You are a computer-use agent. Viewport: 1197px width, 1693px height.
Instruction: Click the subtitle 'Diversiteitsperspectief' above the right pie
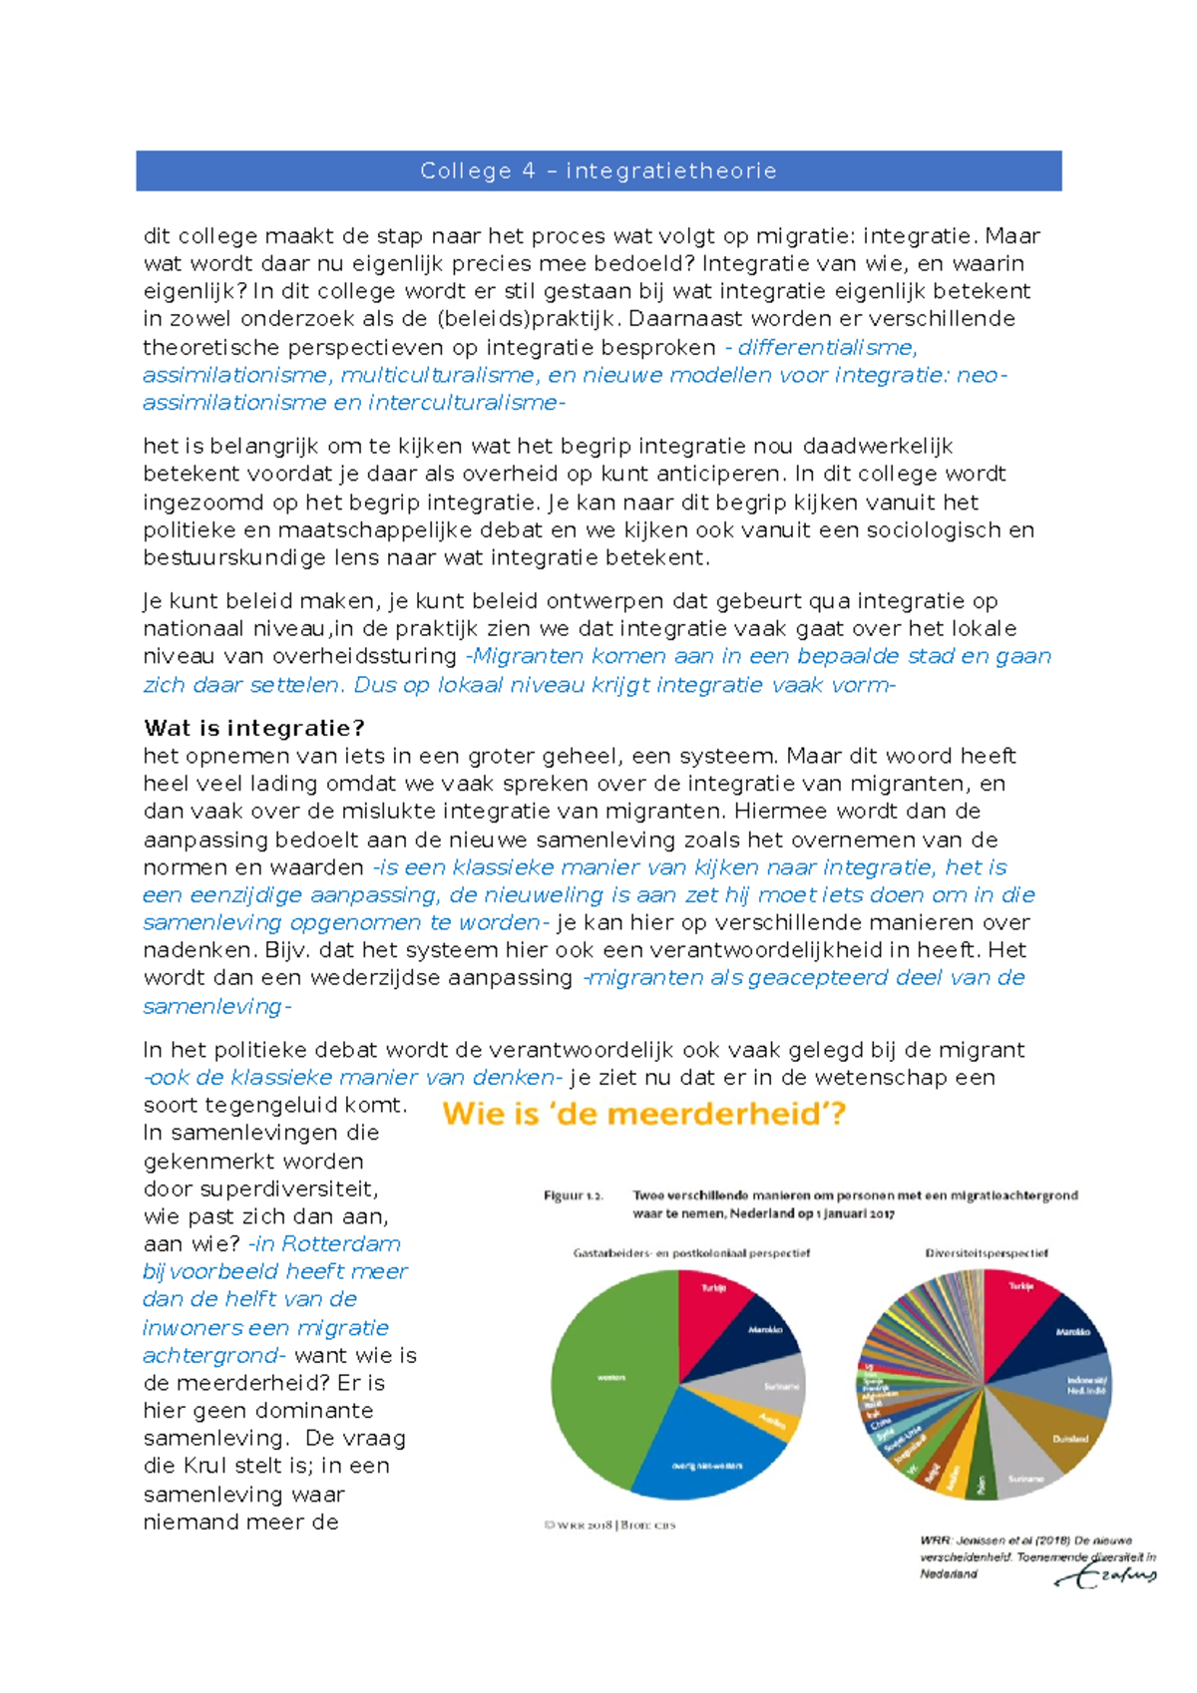(986, 1252)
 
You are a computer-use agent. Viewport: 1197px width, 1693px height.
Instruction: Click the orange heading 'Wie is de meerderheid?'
(643, 1113)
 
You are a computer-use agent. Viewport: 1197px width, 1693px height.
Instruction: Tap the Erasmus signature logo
(1107, 1575)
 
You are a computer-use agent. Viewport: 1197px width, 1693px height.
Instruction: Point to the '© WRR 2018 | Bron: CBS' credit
(609, 1524)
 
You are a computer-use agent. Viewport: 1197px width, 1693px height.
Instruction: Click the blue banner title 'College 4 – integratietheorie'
(598, 170)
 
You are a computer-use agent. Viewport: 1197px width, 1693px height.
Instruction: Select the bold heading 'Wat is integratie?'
(254, 728)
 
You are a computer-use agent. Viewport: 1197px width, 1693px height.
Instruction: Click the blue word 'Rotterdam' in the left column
(341, 1243)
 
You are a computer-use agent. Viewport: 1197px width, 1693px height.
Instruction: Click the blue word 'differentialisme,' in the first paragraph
(827, 347)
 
